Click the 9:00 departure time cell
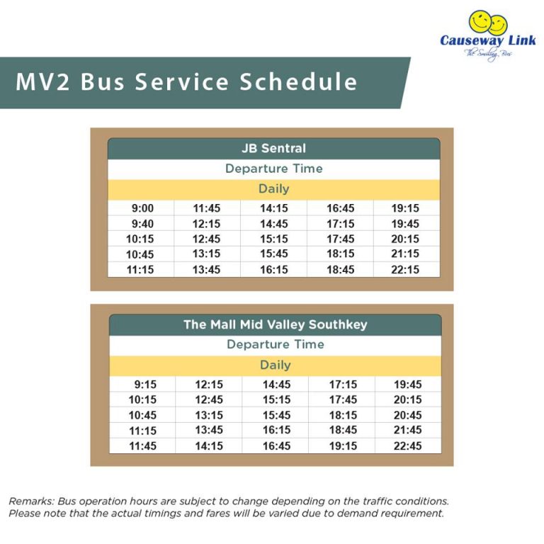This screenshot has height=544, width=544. (x=142, y=208)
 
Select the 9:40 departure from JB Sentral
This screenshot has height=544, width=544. (x=142, y=224)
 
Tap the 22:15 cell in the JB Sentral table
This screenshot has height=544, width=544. (x=405, y=269)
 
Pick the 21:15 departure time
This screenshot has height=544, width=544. (x=405, y=254)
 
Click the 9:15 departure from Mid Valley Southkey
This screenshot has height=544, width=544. (x=144, y=385)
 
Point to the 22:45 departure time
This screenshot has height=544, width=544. (x=407, y=446)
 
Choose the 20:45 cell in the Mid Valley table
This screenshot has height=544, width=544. (x=407, y=415)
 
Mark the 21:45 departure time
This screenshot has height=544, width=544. (x=407, y=430)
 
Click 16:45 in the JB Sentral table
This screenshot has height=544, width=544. (x=340, y=208)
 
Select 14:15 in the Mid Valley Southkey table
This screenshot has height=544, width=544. (x=209, y=446)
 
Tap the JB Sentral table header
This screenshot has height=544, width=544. (x=273, y=149)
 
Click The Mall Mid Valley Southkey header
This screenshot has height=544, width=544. (x=275, y=325)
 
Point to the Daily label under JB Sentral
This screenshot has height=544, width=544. (x=273, y=189)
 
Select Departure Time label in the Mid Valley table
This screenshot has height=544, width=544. (x=275, y=344)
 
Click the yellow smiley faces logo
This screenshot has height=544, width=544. (x=488, y=23)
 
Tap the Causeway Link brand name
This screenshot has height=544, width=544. (x=488, y=40)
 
